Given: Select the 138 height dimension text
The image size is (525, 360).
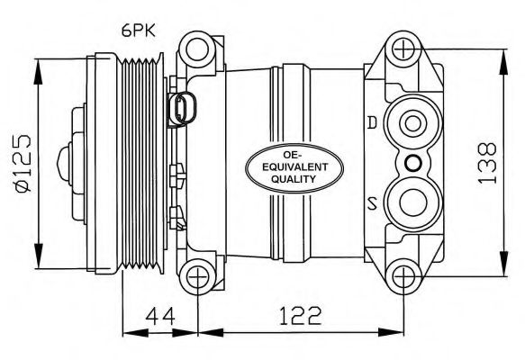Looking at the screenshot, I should pyautogui.click(x=486, y=162).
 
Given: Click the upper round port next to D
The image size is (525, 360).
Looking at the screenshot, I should pyautogui.click(x=412, y=123).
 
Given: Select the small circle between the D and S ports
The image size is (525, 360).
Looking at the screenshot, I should pyautogui.click(x=412, y=162).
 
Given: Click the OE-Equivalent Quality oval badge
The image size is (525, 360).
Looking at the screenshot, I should pyautogui.click(x=282, y=166).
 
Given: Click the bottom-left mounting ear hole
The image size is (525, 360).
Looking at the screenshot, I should pyautogui.click(x=197, y=276).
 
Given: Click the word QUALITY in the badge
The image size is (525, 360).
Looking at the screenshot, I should pyautogui.click(x=282, y=179).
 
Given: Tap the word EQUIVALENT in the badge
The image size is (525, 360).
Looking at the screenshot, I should pyautogui.click(x=282, y=166).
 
